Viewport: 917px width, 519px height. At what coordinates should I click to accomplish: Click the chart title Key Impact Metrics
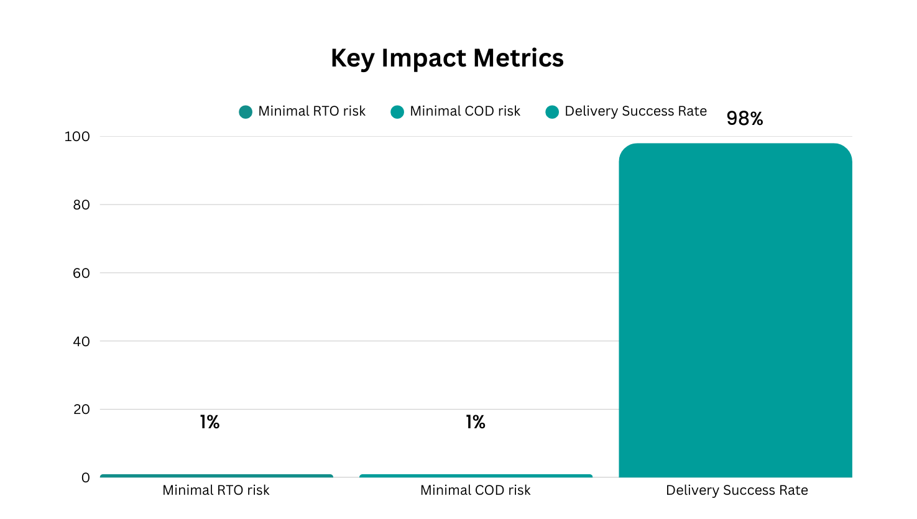(447, 58)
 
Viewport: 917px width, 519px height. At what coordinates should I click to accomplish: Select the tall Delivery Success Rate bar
(735, 311)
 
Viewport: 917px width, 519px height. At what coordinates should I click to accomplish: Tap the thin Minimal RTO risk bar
(216, 476)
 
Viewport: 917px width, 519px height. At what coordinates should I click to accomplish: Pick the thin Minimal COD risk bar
(476, 476)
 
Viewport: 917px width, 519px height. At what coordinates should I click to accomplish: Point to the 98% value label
(744, 118)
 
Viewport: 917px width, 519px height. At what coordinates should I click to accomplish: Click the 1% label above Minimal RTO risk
(210, 422)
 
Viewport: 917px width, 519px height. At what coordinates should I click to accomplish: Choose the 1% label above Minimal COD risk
(476, 422)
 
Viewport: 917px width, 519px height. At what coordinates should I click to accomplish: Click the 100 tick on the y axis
(77, 136)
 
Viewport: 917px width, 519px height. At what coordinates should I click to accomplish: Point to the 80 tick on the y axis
(81, 204)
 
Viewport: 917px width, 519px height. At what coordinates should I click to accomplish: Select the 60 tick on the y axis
(81, 273)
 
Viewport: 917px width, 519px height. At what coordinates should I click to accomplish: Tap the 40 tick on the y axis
(81, 341)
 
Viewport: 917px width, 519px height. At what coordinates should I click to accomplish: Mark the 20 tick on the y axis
(81, 409)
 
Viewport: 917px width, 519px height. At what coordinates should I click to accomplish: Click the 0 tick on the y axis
(85, 477)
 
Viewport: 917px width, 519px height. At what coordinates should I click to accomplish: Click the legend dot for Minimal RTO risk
(246, 112)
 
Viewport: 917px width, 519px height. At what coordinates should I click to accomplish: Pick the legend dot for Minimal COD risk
(397, 112)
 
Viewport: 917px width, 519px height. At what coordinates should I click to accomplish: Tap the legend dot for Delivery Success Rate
(552, 112)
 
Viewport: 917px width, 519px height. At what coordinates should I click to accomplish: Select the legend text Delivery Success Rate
(635, 111)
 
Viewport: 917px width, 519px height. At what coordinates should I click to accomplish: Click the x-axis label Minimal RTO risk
(216, 490)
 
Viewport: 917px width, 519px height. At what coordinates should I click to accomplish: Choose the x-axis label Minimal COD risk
(475, 490)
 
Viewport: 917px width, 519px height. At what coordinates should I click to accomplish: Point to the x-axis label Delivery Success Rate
(737, 490)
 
